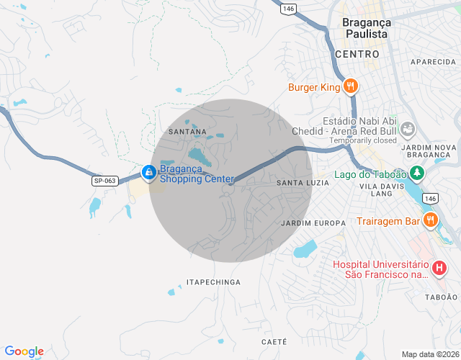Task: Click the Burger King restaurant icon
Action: tap(351, 87)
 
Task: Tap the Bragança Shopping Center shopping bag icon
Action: tap(148, 172)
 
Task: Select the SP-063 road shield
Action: tap(105, 181)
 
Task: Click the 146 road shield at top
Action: tap(289, 8)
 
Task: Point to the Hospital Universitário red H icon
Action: tap(438, 269)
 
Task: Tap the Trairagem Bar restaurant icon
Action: tap(431, 220)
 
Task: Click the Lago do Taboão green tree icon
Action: tap(416, 174)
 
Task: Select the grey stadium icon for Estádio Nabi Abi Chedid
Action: tap(408, 129)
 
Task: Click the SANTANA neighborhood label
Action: tap(187, 132)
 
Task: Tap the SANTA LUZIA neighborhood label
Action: tap(303, 183)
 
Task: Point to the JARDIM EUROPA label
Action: tap(313, 223)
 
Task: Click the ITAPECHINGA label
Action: tap(213, 282)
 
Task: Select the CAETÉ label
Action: tap(274, 341)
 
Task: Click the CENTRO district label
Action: tap(357, 54)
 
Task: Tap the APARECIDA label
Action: tap(434, 63)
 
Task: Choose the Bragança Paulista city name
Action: tap(366, 28)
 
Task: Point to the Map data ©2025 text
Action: tap(429, 354)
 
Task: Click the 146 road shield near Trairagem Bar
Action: tap(430, 198)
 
